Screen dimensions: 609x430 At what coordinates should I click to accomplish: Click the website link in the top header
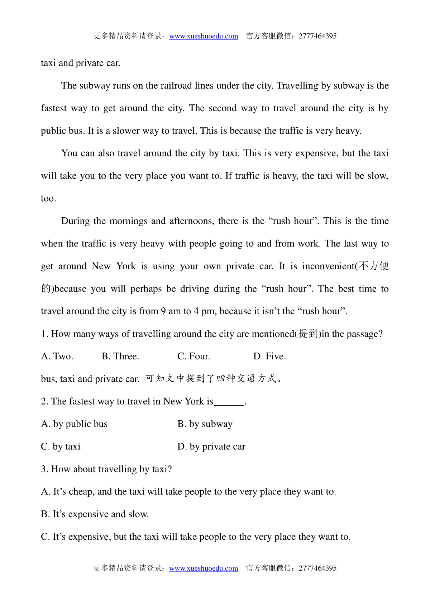[x=204, y=36]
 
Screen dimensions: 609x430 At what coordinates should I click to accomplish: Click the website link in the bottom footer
[x=204, y=568]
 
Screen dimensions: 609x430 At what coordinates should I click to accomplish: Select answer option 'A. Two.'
[x=57, y=356]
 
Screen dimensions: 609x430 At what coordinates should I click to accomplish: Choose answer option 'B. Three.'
[x=120, y=356]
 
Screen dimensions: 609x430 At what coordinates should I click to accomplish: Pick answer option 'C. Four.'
[x=193, y=356]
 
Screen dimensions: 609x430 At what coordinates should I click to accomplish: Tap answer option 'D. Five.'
[x=269, y=356]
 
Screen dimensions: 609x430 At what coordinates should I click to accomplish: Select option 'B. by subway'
[x=205, y=424]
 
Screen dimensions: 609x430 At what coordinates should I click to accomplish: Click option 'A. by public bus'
[x=74, y=424]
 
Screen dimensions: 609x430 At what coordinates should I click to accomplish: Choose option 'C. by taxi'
[x=61, y=447]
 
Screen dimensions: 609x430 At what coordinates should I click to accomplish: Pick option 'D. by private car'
[x=211, y=447]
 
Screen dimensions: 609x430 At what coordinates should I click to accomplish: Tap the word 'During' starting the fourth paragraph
[x=75, y=221]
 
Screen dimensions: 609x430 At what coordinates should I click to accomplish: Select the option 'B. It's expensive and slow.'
[x=95, y=514]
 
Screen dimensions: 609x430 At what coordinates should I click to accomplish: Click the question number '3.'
[x=44, y=469]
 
